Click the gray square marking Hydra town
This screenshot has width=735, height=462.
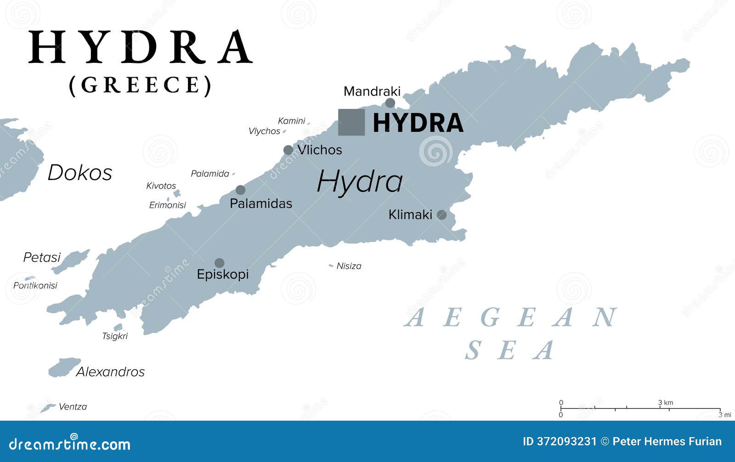351,122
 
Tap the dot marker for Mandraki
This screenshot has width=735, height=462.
390,103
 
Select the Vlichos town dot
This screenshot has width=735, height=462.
288,150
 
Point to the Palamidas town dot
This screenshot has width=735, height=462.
240,190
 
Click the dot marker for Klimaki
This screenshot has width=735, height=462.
441,214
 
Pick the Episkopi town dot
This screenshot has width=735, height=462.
220,263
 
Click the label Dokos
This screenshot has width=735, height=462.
80,173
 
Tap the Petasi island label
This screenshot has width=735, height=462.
42,257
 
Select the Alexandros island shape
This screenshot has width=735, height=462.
64,367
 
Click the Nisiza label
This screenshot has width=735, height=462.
349,266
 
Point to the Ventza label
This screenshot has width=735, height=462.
73,406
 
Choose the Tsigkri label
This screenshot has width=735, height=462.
115,336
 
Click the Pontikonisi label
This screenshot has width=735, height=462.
35,286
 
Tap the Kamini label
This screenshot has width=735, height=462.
291,121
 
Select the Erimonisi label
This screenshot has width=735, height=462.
167,205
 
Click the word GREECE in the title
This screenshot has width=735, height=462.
140,85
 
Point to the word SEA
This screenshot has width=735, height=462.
510,350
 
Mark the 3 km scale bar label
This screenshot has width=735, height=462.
665,403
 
